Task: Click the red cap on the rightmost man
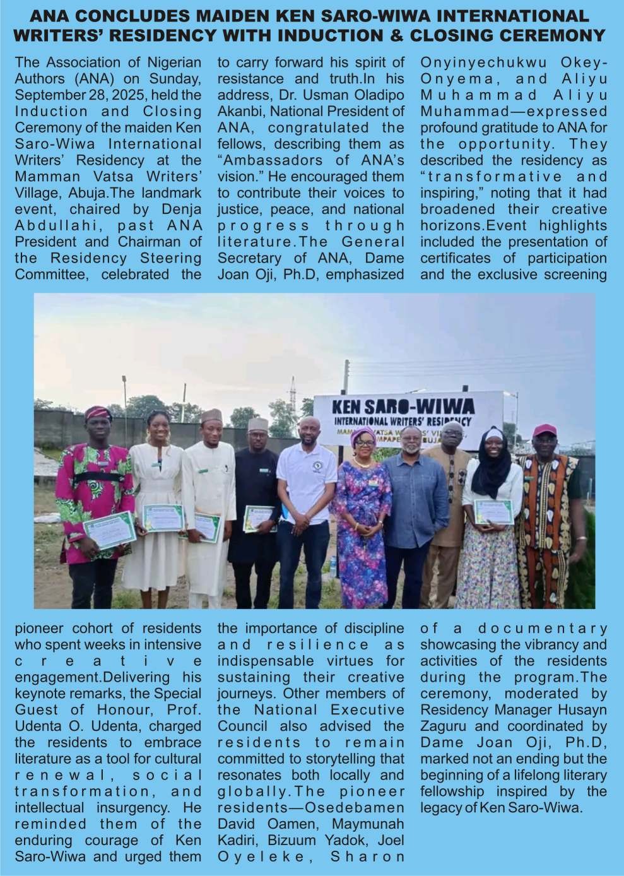click(545, 430)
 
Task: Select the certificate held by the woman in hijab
click(493, 511)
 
